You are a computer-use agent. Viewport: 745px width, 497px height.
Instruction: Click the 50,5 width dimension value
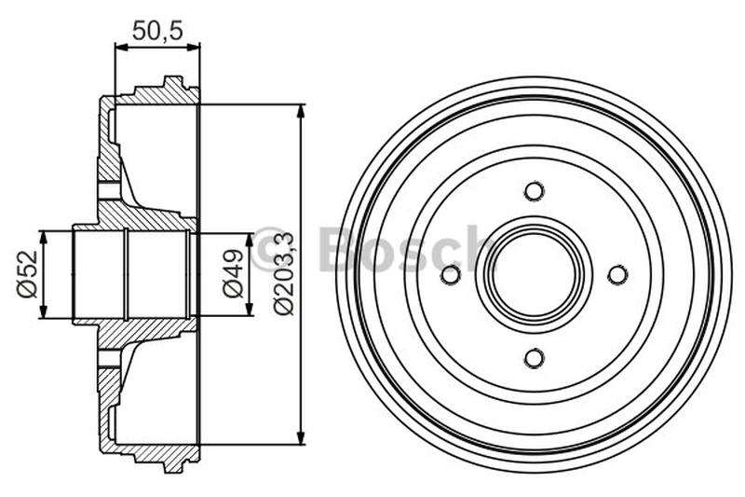click(x=156, y=30)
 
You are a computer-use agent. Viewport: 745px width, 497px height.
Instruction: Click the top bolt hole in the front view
click(x=534, y=191)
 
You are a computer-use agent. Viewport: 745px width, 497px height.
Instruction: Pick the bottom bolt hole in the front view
click(x=534, y=358)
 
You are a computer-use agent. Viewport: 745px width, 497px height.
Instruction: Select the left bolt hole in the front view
click(x=451, y=275)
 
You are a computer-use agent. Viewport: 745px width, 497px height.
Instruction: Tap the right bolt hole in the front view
click(x=617, y=275)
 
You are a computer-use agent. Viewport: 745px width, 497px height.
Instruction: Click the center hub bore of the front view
click(x=534, y=275)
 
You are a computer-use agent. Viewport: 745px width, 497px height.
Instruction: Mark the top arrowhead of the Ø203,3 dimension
click(x=300, y=113)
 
